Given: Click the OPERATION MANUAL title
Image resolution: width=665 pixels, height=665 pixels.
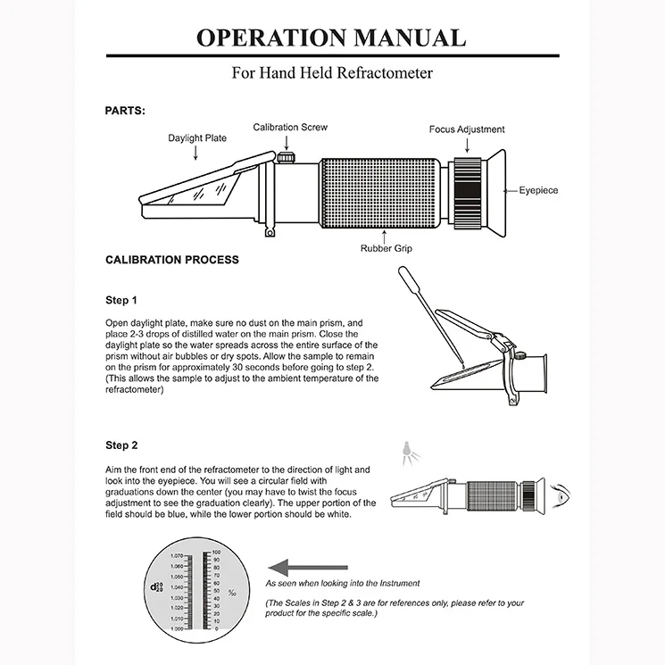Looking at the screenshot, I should (331, 38).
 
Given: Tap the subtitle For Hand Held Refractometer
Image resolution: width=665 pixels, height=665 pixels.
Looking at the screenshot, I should (332, 73).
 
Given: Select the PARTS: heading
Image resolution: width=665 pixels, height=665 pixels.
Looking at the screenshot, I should (125, 111).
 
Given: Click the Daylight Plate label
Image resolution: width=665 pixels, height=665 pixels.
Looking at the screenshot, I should (197, 138).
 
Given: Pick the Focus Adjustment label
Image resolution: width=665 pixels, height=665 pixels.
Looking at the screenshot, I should (466, 129).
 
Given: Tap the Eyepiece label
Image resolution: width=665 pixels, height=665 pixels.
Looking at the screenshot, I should (538, 190).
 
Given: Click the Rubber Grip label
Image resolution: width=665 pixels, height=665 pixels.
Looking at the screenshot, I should (386, 248).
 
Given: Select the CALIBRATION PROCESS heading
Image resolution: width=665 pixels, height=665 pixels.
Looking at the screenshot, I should (172, 260).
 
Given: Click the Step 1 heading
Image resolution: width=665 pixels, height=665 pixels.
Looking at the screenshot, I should (121, 300).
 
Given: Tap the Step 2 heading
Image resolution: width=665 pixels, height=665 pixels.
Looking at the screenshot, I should (121, 445).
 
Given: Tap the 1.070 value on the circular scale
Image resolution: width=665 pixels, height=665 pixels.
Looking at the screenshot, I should (176, 556).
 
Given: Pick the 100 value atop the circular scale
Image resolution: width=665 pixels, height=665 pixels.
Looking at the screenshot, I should (215, 553).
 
